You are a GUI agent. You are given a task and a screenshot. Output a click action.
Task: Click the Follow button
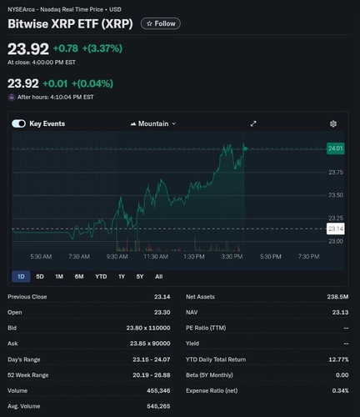point(161,23)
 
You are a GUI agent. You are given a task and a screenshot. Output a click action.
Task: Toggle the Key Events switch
point(19,123)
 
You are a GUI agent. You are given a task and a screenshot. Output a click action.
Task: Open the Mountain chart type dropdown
point(153,123)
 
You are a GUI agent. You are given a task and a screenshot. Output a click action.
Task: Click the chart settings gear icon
point(333,123)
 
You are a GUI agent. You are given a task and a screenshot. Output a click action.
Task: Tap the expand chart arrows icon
point(253,123)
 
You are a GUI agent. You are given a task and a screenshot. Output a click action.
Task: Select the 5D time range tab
point(40,277)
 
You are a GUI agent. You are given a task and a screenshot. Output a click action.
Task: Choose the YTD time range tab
point(101,277)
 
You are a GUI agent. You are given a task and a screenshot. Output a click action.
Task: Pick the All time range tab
point(158,277)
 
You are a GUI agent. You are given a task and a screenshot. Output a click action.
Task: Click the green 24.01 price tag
point(336,148)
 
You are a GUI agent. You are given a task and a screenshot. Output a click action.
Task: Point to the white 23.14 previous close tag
point(336,229)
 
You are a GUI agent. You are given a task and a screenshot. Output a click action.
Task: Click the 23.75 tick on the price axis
point(336,173)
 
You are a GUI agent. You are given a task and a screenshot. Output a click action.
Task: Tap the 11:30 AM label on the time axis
point(156,257)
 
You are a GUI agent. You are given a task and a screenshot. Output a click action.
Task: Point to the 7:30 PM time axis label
point(308,257)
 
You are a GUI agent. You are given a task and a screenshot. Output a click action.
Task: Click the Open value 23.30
point(162,313)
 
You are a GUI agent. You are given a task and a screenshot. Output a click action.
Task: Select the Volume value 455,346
point(158,390)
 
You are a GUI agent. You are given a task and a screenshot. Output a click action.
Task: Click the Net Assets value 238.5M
point(337,297)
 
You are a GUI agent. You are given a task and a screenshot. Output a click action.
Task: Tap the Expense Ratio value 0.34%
point(340,390)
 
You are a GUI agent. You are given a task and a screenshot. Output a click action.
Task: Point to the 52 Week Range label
point(28,375)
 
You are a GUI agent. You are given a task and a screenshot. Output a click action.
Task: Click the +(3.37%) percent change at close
point(102,48)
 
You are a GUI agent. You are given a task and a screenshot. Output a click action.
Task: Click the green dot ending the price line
point(245,148)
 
